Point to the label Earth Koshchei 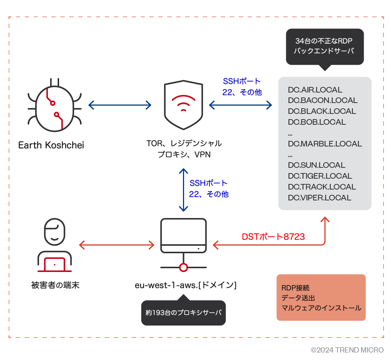click(51, 145)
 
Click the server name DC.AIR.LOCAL click(315, 90)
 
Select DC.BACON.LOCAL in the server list click(323, 100)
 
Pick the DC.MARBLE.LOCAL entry click(325, 144)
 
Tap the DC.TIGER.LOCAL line click(320, 176)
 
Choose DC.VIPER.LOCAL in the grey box click(320, 198)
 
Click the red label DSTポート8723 click(273, 237)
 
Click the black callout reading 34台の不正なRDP click(324, 46)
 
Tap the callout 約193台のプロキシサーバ click(183, 312)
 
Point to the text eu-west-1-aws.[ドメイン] click(186, 285)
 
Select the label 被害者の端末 click(55, 285)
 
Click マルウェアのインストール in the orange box click(321, 308)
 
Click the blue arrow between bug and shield click(120, 105)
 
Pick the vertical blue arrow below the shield click(183, 190)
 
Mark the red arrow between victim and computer click(117, 245)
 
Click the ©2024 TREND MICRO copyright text click(347, 350)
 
